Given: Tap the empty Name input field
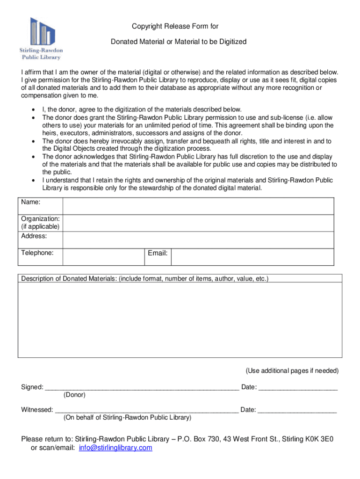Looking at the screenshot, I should [x=198, y=206].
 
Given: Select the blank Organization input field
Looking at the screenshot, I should [x=198, y=223].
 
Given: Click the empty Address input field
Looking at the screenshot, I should [x=198, y=239].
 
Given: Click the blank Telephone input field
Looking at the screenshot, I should [x=103, y=256].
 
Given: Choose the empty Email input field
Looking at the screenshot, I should [x=252, y=256].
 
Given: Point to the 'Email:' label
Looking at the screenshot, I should [x=158, y=253].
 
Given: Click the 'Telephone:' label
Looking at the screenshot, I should [x=37, y=253].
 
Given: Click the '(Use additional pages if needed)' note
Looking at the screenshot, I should [x=292, y=371].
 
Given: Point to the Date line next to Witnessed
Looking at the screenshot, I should [x=297, y=411].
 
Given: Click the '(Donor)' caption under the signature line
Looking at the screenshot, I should [x=74, y=395].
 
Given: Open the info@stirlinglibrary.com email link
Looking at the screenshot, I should [x=115, y=448].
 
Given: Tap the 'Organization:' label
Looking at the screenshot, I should [x=40, y=218].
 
